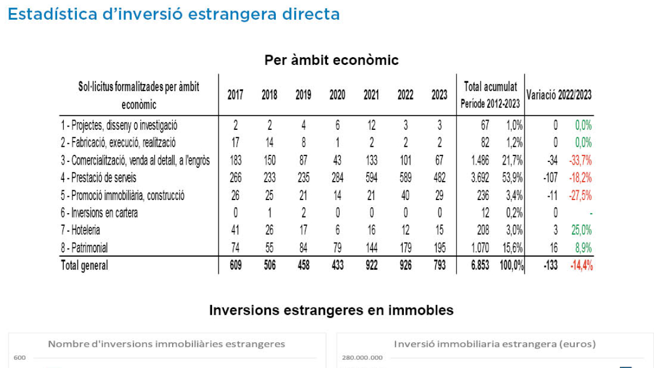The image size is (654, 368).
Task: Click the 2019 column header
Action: point(303,95)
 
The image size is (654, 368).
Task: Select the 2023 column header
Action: point(439,95)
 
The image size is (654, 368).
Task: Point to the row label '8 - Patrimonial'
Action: point(84,248)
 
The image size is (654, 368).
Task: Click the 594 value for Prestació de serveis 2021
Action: point(371,178)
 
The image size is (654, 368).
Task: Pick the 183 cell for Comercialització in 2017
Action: point(235,160)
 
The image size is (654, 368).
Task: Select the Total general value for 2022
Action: point(405,266)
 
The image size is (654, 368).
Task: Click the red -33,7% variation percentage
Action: point(581,160)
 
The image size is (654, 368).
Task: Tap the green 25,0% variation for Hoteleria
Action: point(582,230)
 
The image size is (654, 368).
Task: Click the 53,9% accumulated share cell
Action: point(512,178)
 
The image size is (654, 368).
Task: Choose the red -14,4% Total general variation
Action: point(581,266)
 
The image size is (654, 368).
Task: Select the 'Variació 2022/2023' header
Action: point(559,94)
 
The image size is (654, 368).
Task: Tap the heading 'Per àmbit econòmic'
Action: point(331,60)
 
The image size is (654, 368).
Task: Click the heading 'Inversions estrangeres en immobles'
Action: point(331,310)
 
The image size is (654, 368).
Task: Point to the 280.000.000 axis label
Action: point(362,358)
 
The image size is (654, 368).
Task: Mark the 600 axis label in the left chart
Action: point(20,358)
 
